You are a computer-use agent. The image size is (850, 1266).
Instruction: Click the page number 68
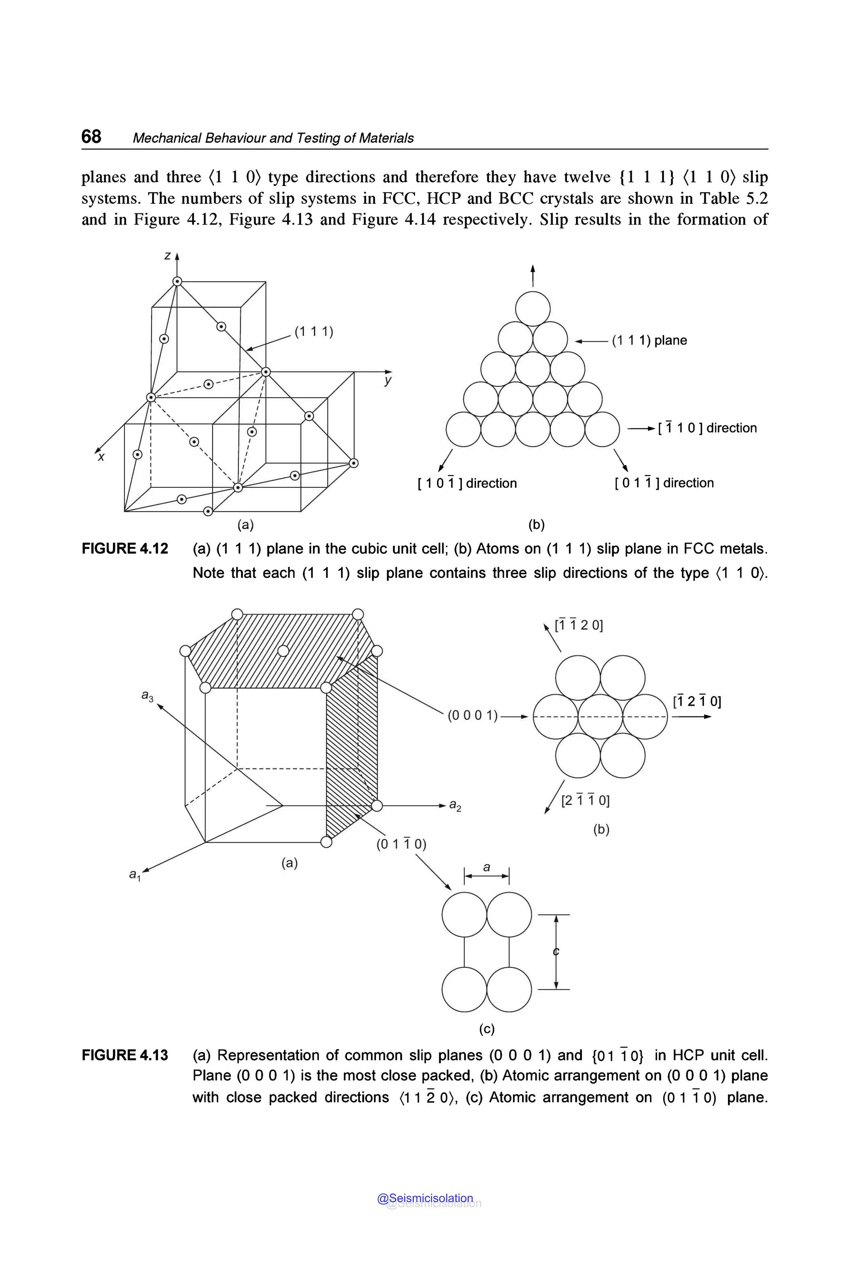point(91,136)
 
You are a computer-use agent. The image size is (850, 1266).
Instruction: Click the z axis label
point(168,255)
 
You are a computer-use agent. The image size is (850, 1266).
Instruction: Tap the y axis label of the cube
point(387,381)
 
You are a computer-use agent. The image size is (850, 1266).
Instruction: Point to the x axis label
point(101,457)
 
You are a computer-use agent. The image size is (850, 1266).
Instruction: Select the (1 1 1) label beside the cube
point(314,331)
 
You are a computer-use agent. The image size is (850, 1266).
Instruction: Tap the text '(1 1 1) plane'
point(649,340)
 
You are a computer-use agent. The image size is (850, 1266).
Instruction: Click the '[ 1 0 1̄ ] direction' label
point(467,483)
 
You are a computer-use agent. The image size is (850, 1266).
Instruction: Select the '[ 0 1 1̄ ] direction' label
point(664,483)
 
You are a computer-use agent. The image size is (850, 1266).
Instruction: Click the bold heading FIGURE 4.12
point(125,549)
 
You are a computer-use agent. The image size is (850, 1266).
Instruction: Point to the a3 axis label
point(147,695)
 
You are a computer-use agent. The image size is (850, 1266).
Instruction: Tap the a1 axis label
point(134,875)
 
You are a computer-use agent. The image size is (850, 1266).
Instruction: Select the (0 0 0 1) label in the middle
point(472,716)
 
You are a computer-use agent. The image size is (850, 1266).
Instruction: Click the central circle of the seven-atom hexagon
point(600,717)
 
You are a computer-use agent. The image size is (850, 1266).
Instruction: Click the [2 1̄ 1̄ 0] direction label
point(585,800)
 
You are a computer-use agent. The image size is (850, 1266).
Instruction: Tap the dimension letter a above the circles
point(486,867)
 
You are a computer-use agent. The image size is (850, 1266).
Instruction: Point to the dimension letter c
point(556,951)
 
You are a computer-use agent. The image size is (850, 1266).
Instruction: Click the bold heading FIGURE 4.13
point(125,1055)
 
